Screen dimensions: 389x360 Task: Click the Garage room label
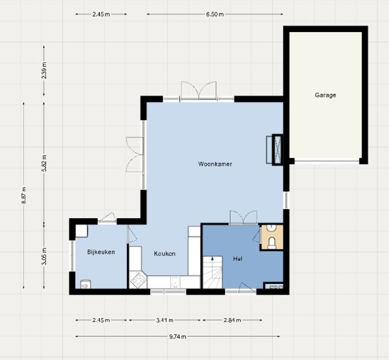tap(325, 95)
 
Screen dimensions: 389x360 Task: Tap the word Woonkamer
tap(215, 164)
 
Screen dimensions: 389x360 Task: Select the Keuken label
tap(165, 253)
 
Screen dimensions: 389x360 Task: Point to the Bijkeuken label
tap(101, 252)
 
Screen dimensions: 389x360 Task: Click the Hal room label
tap(238, 259)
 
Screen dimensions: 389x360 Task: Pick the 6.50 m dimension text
tap(215, 14)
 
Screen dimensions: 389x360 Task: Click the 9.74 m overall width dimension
tap(178, 337)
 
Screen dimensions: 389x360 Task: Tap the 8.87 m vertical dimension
tap(24, 196)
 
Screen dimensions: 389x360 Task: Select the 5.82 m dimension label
tap(44, 163)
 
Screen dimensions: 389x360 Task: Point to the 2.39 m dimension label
tap(44, 70)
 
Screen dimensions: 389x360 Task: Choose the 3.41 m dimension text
tap(165, 320)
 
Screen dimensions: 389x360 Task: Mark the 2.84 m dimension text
tap(232, 320)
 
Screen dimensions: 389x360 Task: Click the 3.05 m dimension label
tap(44, 257)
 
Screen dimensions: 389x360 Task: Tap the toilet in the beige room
tap(272, 243)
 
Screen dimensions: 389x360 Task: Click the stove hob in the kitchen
tap(138, 280)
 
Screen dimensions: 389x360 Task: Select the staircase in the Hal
tap(213, 272)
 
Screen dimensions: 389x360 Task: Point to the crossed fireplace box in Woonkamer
tap(277, 150)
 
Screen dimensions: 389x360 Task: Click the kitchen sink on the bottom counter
tap(176, 282)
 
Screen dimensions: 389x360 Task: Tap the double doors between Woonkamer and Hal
tap(243, 218)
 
